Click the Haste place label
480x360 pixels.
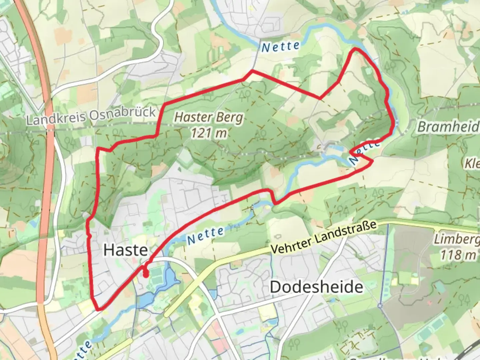(125, 250)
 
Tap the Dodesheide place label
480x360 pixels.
(316, 287)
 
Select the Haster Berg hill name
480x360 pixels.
(209, 117)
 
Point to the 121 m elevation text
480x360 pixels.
(209, 133)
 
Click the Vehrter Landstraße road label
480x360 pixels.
(323, 237)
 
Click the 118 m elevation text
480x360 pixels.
(458, 255)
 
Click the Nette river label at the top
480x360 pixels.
(280, 47)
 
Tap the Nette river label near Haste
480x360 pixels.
(205, 235)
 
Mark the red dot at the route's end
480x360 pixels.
(146, 275)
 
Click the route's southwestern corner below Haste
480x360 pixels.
(98, 309)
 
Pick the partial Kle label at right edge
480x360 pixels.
(472, 163)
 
